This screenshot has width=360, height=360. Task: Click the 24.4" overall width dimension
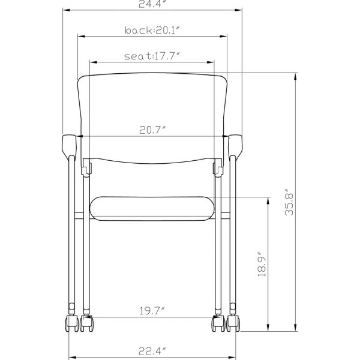coord(152,4)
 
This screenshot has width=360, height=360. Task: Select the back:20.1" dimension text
coord(152,29)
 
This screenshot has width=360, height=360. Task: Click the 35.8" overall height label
coord(290,202)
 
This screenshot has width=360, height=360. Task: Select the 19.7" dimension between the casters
coord(152,310)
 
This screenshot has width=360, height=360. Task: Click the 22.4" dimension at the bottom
coord(152,350)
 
